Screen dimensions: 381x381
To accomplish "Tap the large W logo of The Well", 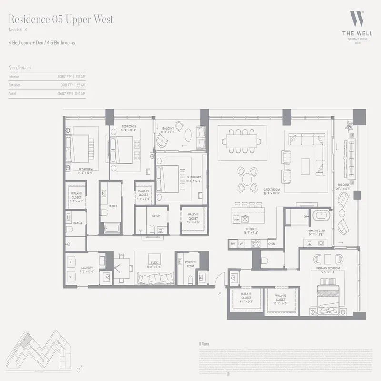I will click(x=357, y=20).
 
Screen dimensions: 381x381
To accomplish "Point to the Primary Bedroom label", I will click(x=327, y=269).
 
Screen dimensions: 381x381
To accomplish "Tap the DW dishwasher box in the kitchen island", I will click(x=237, y=220).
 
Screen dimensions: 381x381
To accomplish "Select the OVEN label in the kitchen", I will click(x=271, y=244).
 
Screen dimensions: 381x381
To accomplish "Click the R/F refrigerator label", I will click(x=233, y=244).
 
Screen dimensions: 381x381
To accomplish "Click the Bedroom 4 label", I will click(x=85, y=170).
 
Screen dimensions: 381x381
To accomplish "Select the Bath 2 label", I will click(x=156, y=216).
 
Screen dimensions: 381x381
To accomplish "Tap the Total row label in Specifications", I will click(x=13, y=94).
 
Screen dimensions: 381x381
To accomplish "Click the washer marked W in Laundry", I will click(x=70, y=277).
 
